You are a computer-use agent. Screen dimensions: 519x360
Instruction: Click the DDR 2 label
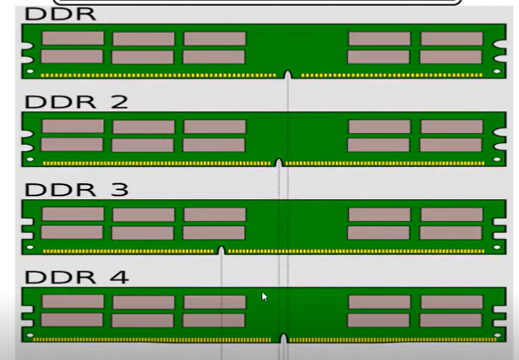(x=77, y=102)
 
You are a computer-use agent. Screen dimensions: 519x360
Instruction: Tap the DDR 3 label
(x=77, y=189)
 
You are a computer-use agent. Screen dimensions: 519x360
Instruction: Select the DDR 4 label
(x=77, y=277)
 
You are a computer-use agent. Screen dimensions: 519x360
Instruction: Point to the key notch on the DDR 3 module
(x=221, y=250)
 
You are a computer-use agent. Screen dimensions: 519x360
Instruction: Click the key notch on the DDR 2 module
(x=279, y=161)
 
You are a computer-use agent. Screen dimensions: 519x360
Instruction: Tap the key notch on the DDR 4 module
(x=283, y=339)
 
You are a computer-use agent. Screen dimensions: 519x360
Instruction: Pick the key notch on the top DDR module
(x=288, y=74)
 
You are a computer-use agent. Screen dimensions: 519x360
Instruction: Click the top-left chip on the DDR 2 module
(x=73, y=127)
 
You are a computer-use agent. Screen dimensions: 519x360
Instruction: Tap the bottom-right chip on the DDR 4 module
(x=451, y=320)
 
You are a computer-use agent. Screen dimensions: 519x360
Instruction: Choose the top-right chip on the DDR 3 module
(x=451, y=214)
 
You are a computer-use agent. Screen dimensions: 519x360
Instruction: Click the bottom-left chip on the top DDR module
(x=73, y=57)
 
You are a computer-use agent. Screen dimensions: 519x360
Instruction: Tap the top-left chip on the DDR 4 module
(x=73, y=302)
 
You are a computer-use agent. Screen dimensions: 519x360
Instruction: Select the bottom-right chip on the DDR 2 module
(x=451, y=144)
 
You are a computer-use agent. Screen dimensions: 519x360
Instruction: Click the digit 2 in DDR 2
(x=119, y=102)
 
